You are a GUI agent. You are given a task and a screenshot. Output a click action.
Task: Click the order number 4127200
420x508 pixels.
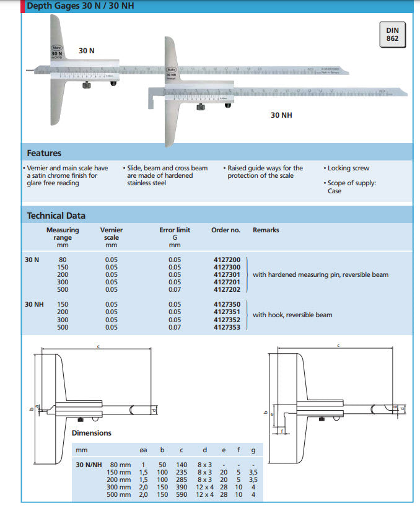click(227, 260)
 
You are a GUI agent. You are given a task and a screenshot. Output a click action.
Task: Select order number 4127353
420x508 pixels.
click(227, 327)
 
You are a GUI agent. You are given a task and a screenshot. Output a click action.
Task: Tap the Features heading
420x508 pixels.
click(44, 153)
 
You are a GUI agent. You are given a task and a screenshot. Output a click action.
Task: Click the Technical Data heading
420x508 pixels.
click(56, 216)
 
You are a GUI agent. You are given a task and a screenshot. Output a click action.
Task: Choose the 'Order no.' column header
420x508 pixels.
click(225, 230)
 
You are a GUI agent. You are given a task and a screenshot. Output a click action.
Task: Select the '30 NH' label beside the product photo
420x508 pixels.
click(281, 115)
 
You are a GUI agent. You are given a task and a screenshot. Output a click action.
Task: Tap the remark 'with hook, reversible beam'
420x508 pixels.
click(292, 315)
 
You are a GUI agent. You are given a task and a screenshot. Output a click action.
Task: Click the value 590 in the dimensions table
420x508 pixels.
click(181, 494)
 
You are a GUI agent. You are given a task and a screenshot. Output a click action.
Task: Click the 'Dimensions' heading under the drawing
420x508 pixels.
click(91, 433)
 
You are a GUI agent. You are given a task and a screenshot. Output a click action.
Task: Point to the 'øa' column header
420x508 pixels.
click(143, 451)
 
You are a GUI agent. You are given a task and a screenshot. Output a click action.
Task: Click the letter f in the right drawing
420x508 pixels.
click(282, 431)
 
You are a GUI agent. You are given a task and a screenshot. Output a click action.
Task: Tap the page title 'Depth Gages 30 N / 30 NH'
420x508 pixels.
click(79, 6)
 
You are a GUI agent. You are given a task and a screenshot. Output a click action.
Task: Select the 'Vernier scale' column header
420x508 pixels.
click(111, 234)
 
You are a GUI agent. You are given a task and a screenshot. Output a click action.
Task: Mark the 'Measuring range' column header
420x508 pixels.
click(62, 234)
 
